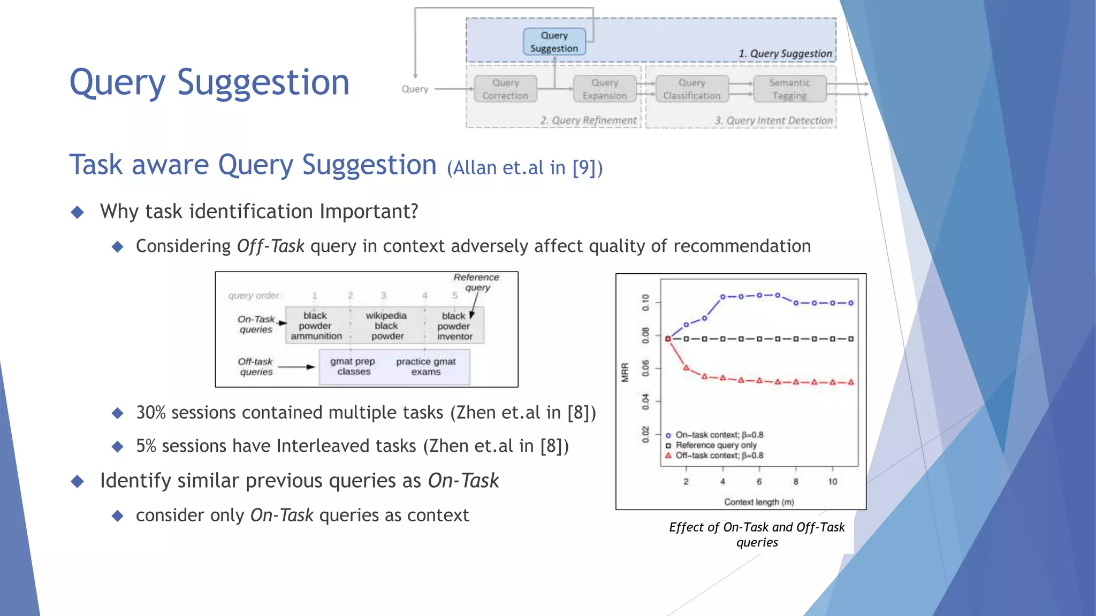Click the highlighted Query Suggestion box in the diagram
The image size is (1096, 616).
point(554,42)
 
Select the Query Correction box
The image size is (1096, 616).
point(505,89)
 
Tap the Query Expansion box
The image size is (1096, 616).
point(605,89)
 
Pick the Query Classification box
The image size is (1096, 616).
point(692,89)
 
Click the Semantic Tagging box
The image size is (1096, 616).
point(789,89)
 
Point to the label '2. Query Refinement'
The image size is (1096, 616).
point(588,120)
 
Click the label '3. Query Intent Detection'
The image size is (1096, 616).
point(774,121)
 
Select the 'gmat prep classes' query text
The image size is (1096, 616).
point(353,366)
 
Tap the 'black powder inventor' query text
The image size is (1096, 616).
point(454,326)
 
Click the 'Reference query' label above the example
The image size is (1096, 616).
point(476,282)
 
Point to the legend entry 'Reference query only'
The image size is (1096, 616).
point(716,445)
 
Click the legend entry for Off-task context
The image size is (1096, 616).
point(719,456)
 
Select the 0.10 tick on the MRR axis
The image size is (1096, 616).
point(645,302)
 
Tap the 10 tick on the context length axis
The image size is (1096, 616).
point(833,482)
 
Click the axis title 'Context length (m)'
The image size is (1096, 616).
point(759,502)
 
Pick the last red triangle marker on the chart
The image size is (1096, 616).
point(851,382)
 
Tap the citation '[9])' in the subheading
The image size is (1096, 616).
point(587,168)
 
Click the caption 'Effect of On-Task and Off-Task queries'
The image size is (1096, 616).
point(757,535)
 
